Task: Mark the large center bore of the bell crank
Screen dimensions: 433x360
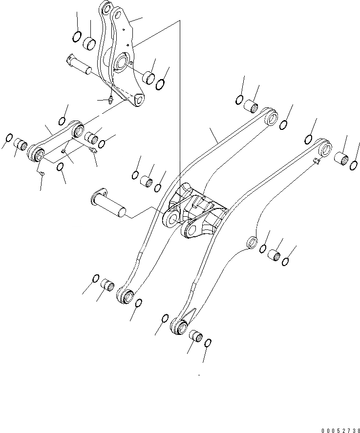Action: click(121, 63)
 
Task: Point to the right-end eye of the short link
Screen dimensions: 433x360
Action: click(77, 130)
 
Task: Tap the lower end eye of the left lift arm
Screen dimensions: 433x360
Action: click(127, 295)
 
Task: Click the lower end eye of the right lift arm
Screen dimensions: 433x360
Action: click(180, 327)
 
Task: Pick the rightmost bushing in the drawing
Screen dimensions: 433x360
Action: click(341, 160)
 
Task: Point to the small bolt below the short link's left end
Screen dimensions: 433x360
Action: click(42, 172)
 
